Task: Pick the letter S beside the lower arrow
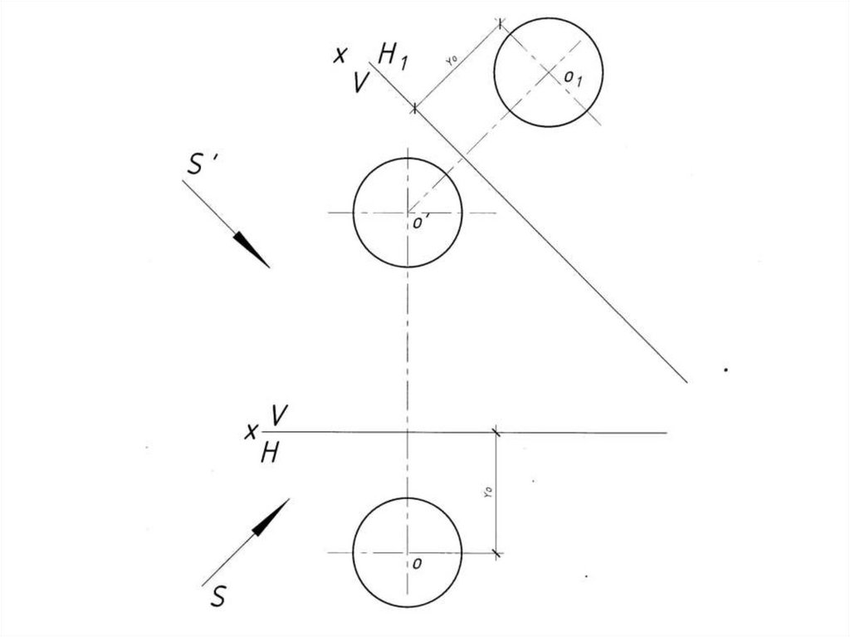point(217,596)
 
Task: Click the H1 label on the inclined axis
point(392,56)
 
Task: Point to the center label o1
point(574,79)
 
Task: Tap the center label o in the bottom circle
point(418,563)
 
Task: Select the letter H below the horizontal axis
point(269,453)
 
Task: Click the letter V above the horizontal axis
point(279,418)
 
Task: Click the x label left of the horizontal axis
point(249,432)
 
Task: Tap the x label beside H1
point(340,56)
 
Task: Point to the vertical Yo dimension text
point(488,492)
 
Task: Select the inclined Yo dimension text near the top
point(452,60)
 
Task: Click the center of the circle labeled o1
point(549,72)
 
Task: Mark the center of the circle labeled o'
point(408,213)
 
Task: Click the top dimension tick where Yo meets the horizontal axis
point(496,432)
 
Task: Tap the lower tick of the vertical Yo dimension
point(496,551)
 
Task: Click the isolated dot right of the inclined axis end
point(726,370)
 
